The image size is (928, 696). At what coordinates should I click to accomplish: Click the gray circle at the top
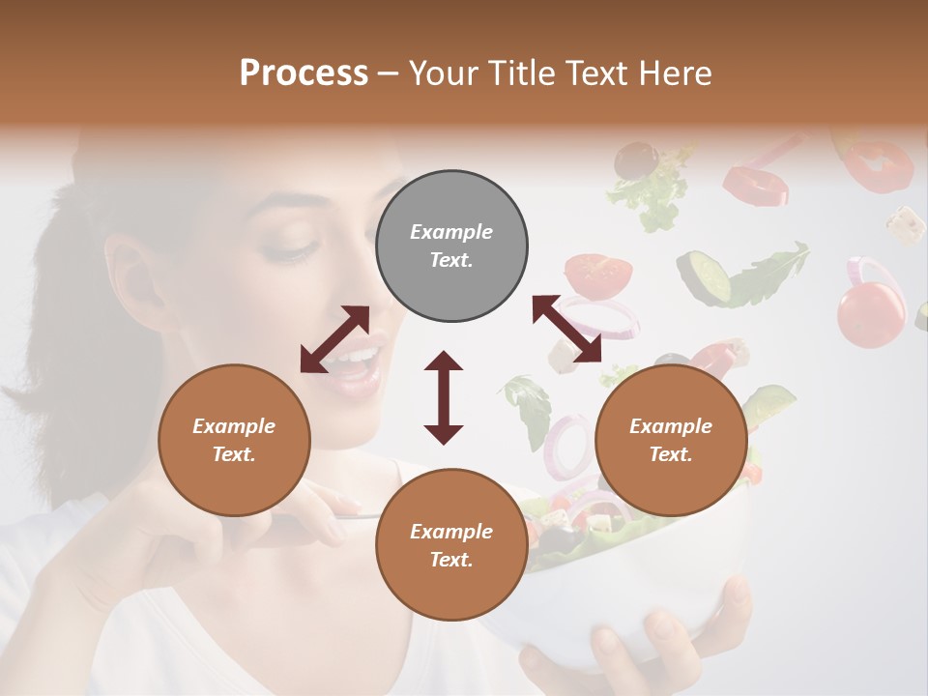pos(451,246)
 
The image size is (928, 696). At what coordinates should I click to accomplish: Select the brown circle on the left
pos(234,440)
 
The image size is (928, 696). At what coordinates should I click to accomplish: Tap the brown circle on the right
pos(671,440)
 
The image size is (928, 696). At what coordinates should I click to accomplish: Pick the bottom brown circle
pos(451,544)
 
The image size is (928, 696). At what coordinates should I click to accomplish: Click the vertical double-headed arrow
pos(444,397)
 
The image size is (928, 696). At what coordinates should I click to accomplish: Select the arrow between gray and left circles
pos(334,339)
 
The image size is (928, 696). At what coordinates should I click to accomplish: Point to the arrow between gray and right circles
pos(566,329)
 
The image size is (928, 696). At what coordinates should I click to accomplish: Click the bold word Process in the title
pos(304,73)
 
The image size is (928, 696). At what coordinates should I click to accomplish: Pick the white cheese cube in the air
pos(906,224)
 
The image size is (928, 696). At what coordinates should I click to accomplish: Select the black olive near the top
pos(634,159)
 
